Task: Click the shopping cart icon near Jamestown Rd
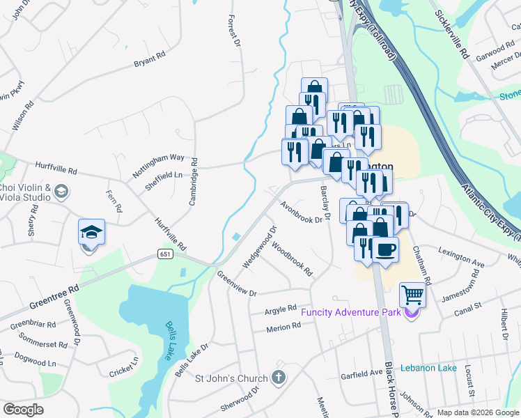pos(412,295)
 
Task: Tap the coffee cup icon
pos(385,249)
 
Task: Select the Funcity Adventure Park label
pos(351,311)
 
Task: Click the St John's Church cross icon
pos(278,378)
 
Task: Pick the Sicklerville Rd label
pos(453,33)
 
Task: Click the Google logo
pos(24,410)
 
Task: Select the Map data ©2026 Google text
pos(477,412)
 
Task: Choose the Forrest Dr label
pos(234,30)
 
